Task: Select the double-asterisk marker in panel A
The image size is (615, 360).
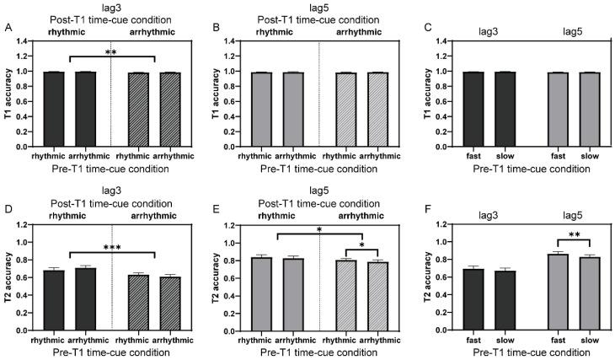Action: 110,53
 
